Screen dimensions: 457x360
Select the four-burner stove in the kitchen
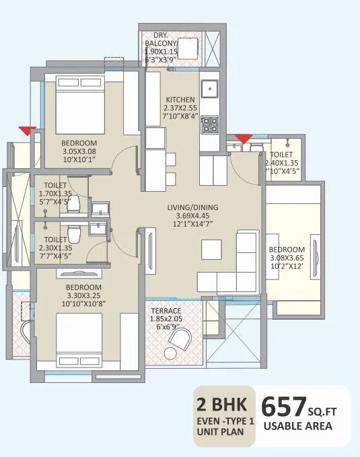211,123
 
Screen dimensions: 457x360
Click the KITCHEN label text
180,99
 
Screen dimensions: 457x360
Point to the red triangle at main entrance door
244,138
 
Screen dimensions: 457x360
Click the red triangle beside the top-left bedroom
28,131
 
